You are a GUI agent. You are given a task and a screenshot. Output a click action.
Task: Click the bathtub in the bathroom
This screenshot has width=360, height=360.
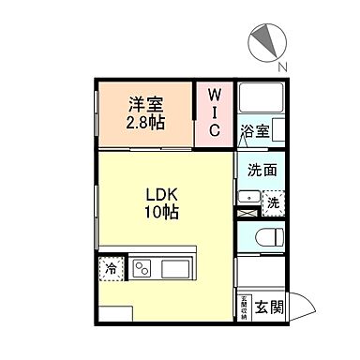tap(260, 99)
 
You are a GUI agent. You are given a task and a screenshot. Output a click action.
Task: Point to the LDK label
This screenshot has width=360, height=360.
tap(162, 195)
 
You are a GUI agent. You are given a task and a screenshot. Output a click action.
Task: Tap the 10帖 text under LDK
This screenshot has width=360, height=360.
tap(162, 212)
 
